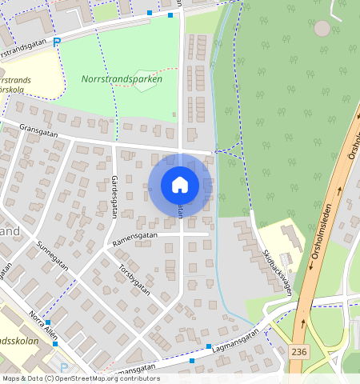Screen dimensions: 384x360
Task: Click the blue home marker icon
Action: point(180,185)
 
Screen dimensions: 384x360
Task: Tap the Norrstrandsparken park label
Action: point(122,79)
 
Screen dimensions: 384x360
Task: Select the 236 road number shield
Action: point(299,351)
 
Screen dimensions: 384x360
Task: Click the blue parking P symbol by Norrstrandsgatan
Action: point(57,42)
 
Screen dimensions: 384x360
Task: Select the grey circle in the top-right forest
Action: point(322,29)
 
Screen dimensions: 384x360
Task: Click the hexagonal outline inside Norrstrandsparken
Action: point(143,82)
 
